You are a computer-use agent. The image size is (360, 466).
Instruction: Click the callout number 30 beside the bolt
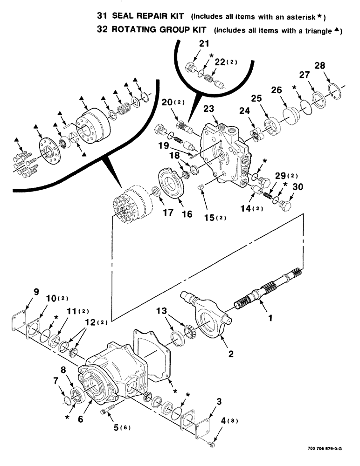point(297,187)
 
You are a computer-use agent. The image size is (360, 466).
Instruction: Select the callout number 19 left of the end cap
point(163,145)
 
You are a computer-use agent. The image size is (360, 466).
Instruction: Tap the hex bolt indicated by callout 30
point(286,205)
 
